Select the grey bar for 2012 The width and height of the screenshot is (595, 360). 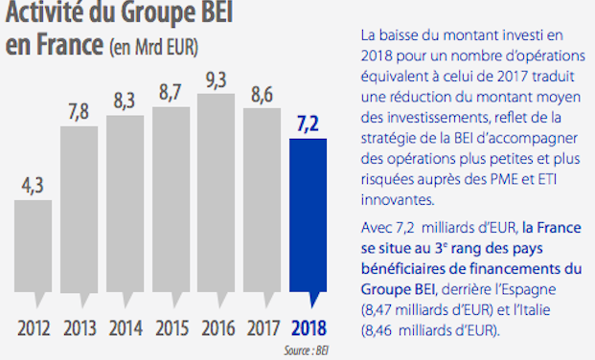click(33, 249)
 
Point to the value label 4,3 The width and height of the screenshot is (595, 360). click(33, 185)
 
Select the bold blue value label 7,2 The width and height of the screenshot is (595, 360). click(309, 124)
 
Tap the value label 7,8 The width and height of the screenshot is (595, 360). click(79, 112)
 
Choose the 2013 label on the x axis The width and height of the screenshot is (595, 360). click(79, 328)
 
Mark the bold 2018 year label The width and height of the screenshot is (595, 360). click(309, 328)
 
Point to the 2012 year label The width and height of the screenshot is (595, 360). click(33, 328)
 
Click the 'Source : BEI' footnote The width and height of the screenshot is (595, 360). click(306, 350)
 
